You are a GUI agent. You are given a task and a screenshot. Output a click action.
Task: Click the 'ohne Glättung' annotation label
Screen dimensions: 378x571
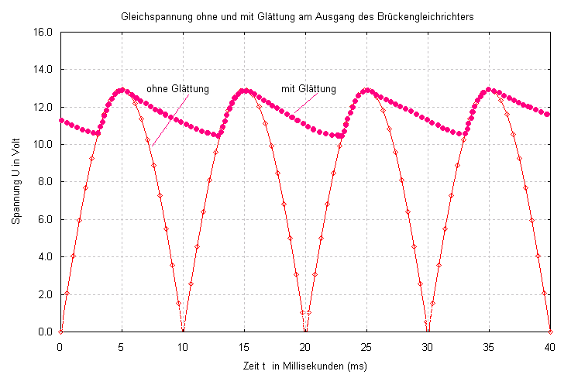(178, 89)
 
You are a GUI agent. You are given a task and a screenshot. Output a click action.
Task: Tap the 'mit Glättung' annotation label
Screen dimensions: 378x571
(308, 89)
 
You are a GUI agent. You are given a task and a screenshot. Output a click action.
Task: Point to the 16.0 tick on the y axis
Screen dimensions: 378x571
(42, 33)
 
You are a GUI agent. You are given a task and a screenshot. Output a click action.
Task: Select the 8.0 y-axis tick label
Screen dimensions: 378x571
(42, 182)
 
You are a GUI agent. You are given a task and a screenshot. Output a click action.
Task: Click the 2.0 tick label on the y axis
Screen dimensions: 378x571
(42, 294)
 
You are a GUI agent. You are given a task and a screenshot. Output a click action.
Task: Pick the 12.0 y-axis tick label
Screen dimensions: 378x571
(42, 107)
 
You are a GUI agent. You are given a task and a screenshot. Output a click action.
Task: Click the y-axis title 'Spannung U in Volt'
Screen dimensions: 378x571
(17, 182)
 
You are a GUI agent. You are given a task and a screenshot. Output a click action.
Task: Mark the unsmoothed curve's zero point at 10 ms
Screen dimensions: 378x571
(183, 331)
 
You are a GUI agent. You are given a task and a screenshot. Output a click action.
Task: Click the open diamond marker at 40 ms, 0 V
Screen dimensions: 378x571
(550, 332)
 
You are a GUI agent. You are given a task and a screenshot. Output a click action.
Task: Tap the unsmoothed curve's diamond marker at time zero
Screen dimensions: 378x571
(60, 332)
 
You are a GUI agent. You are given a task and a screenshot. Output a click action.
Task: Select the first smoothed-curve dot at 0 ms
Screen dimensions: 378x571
(60, 120)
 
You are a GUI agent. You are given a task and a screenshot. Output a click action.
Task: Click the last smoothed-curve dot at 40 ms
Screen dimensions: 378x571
(548, 115)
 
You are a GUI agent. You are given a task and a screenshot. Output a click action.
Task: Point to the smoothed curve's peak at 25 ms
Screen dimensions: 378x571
(366, 91)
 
